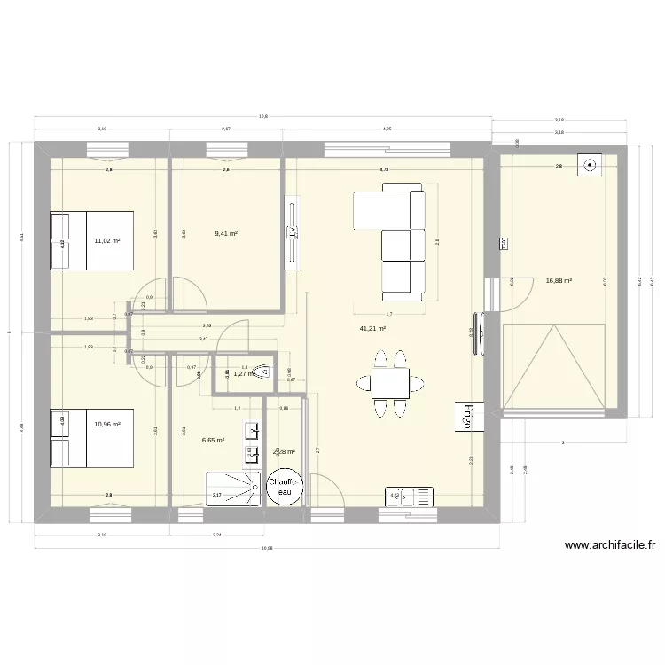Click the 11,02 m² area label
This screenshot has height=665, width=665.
click(x=107, y=240)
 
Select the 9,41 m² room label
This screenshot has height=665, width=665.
click(x=226, y=234)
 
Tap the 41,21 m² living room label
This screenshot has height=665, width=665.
click(x=371, y=328)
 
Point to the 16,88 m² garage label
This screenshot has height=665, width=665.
click(x=559, y=280)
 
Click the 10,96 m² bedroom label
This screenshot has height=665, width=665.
click(x=107, y=424)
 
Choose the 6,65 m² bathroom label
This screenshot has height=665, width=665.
click(x=213, y=439)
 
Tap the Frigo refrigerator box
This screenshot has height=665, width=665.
click(x=463, y=417)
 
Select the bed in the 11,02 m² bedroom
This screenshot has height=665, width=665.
click(x=91, y=240)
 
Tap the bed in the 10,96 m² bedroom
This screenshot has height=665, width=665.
click(x=91, y=438)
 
